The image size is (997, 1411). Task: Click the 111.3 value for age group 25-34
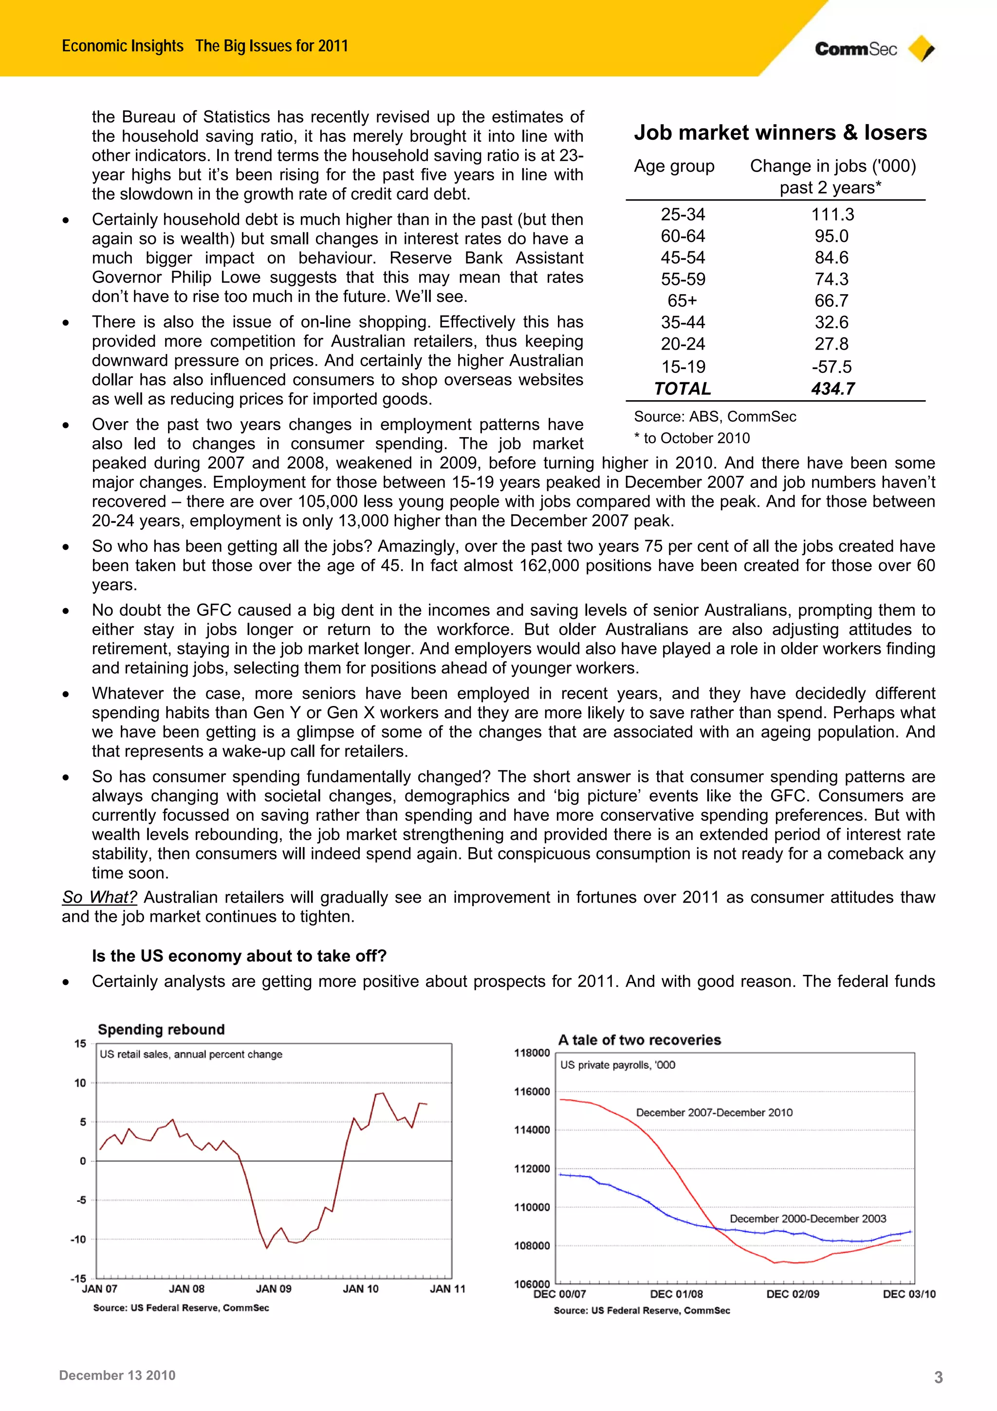pyautogui.click(x=832, y=215)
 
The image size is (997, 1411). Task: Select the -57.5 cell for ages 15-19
pyautogui.click(x=831, y=367)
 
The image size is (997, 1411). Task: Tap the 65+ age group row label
pyautogui.click(x=682, y=300)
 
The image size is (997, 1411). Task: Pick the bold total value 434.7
pyautogui.click(x=832, y=389)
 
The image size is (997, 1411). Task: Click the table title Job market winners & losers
pyautogui.click(x=780, y=133)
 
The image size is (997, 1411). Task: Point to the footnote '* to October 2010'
pyautogui.click(x=692, y=438)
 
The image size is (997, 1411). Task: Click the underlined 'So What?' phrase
pyautogui.click(x=99, y=897)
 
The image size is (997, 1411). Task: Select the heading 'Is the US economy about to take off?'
pyautogui.click(x=239, y=956)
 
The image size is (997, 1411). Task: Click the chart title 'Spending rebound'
pyautogui.click(x=161, y=1029)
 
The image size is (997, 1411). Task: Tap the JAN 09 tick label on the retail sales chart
pyautogui.click(x=274, y=1289)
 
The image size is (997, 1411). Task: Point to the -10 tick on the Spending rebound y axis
pyautogui.click(x=79, y=1240)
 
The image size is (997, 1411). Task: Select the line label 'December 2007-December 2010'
pyautogui.click(x=714, y=1113)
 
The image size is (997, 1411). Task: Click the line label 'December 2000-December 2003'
pyautogui.click(x=807, y=1219)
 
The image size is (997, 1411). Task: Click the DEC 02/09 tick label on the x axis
pyautogui.click(x=793, y=1294)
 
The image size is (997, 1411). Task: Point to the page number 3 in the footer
pyautogui.click(x=938, y=1377)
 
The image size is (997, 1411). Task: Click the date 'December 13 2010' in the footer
pyautogui.click(x=117, y=1375)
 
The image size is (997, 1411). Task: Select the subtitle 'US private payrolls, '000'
pyautogui.click(x=617, y=1065)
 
